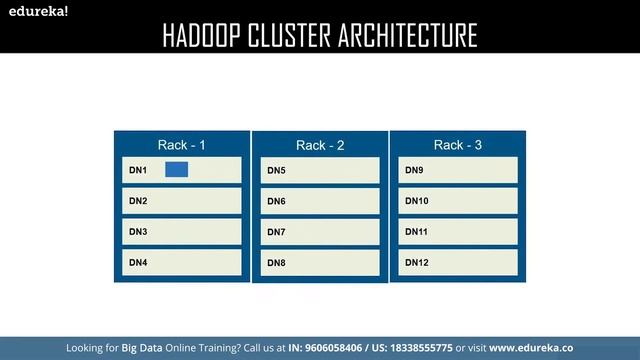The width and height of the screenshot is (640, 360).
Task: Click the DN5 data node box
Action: point(320,170)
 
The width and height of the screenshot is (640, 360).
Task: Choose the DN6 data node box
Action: point(320,201)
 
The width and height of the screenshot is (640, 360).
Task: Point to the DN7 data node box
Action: point(320,232)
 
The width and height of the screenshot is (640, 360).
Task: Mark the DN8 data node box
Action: point(320,263)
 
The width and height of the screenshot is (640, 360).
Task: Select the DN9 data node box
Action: point(458,170)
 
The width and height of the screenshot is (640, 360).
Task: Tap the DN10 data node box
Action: point(458,201)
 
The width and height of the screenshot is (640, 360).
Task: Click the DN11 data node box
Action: point(458,232)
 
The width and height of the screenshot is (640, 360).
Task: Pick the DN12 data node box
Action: point(458,263)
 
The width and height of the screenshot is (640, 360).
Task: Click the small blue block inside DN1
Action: point(177,170)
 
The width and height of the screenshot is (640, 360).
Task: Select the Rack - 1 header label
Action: point(182,145)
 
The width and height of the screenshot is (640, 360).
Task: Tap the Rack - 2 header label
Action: point(320,145)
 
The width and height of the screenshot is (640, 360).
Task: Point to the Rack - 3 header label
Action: point(458,145)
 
